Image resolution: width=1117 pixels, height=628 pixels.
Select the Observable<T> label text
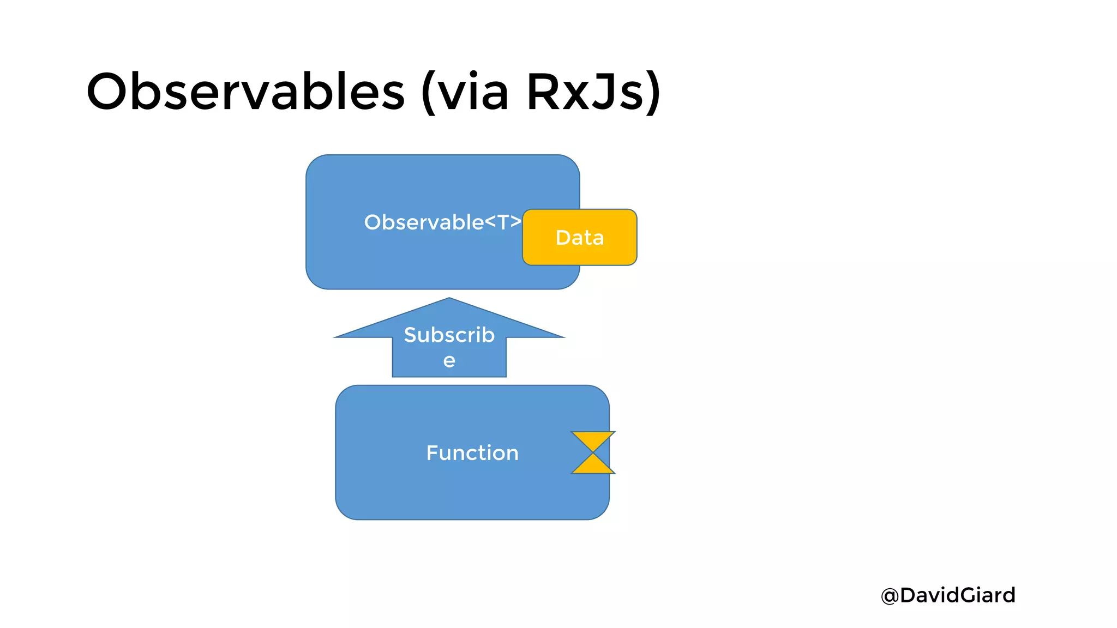442,222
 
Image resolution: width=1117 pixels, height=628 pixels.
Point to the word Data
579,238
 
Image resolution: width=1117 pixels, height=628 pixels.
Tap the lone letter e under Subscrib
449,361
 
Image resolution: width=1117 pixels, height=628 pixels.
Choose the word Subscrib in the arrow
449,335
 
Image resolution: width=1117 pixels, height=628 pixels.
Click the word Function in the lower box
472,453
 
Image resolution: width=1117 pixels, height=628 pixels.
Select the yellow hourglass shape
593,452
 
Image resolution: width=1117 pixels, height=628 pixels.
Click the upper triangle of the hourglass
593,439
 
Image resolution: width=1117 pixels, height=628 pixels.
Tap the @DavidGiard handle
948,595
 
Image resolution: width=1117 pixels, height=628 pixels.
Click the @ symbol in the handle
890,596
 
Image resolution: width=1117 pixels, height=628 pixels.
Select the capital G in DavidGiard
968,595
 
